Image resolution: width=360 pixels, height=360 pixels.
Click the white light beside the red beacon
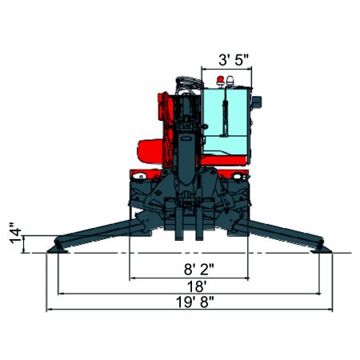tap(232, 81)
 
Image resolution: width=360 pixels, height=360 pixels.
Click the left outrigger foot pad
tap(58, 247)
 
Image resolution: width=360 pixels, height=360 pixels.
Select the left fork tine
tap(178, 223)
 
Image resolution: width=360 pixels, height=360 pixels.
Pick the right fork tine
tap(197, 223)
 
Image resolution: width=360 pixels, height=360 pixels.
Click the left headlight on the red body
tap(140, 174)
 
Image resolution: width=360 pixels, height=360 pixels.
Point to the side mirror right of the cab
tap(258, 102)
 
